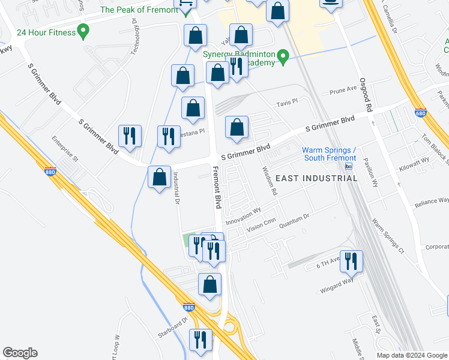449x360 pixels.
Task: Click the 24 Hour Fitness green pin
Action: (83, 29)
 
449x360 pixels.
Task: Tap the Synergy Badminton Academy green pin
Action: (286, 58)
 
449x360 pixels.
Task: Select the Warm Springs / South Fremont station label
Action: (330, 154)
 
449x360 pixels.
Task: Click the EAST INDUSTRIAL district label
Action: (316, 178)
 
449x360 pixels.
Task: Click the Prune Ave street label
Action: (343, 90)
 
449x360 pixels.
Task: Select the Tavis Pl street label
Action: (287, 104)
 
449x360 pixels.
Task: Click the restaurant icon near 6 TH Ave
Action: (351, 261)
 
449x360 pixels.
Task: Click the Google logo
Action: (20, 353)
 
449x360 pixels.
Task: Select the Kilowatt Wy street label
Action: (415, 161)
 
